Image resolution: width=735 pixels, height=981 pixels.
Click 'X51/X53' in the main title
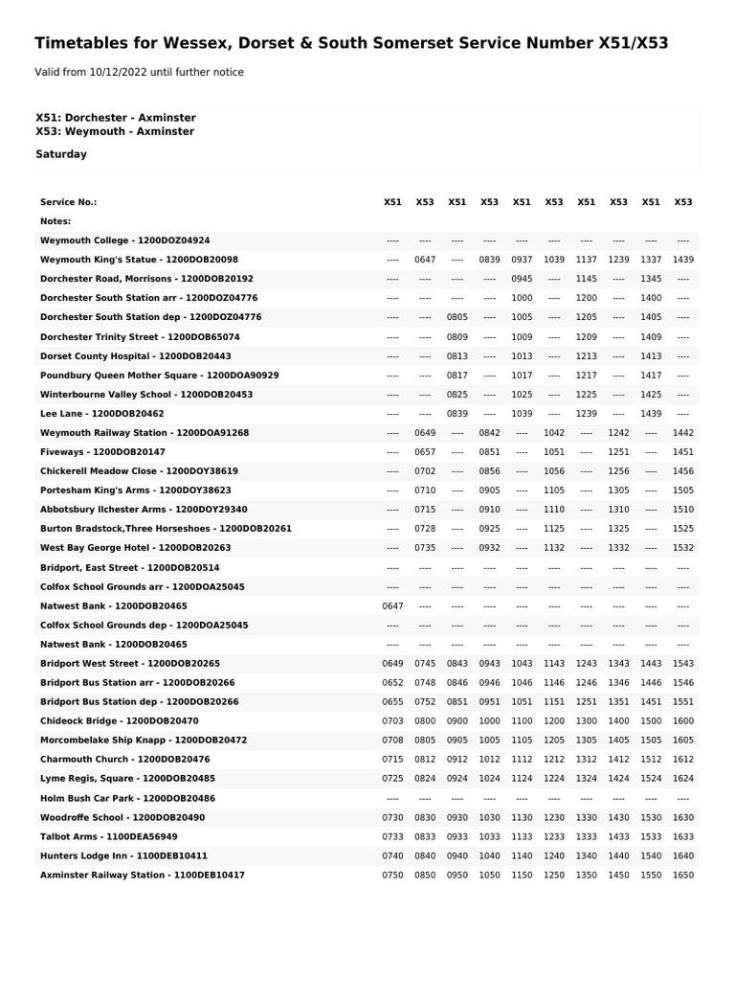(x=633, y=43)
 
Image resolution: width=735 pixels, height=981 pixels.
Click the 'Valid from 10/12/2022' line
(x=139, y=73)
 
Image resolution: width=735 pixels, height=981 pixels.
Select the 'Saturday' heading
(x=61, y=154)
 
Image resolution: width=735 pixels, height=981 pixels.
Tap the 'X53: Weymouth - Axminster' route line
(x=115, y=132)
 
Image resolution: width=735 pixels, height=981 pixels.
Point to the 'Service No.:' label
(x=68, y=202)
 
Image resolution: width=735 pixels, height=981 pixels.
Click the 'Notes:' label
(x=56, y=221)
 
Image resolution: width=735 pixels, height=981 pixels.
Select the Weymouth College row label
(x=124, y=240)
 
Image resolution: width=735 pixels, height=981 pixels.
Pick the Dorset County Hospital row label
(x=135, y=356)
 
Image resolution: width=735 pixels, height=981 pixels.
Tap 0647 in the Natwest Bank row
(x=392, y=606)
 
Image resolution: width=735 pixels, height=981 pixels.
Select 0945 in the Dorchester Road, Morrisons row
(x=522, y=279)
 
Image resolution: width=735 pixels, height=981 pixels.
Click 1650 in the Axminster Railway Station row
(x=682, y=876)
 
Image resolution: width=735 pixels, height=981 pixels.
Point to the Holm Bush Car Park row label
(x=127, y=798)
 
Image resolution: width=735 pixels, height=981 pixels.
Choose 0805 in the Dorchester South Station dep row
(x=457, y=317)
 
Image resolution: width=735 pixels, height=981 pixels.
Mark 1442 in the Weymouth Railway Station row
(x=682, y=433)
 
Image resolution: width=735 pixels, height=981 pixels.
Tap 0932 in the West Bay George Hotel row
(x=489, y=548)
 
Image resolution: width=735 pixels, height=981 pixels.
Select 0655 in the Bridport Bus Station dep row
(x=392, y=702)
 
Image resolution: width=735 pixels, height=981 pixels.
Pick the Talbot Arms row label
(x=108, y=836)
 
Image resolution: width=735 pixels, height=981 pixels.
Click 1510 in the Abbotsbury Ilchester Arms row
(x=682, y=510)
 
